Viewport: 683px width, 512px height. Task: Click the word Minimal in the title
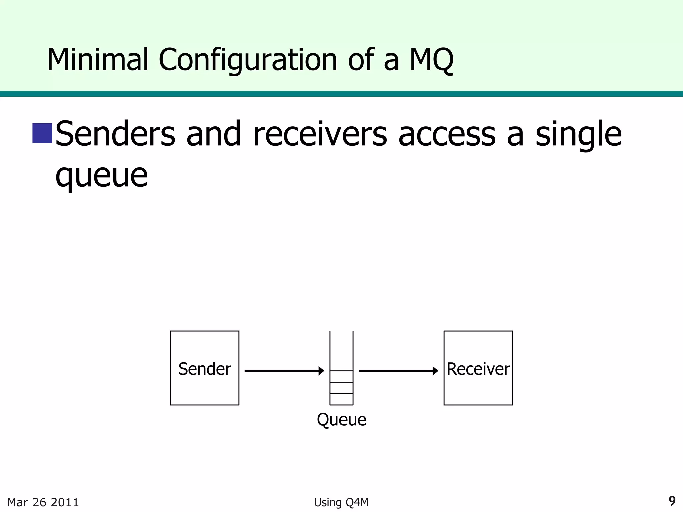coord(97,60)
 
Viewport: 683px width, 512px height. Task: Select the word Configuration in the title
coord(248,60)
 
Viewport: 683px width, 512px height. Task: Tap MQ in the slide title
coord(431,60)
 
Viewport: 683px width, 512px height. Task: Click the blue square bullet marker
coord(42,133)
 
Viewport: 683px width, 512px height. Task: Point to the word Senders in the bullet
coord(115,134)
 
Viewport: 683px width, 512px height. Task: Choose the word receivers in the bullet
coord(320,134)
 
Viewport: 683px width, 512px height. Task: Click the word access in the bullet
coord(447,134)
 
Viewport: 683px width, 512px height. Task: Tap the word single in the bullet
coord(578,134)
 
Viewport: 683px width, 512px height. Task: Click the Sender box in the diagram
coord(205,368)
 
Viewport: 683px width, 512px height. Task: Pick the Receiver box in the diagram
coord(478,368)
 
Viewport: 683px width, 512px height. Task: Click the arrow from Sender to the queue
coord(283,371)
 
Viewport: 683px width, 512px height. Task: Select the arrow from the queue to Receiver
coord(398,371)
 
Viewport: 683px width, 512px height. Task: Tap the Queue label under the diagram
coord(341,420)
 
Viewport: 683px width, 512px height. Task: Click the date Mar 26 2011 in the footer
coord(43,502)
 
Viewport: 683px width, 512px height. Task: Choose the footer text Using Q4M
coord(341,502)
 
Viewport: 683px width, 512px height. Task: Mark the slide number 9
coord(672,501)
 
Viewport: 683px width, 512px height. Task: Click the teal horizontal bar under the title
coord(341,94)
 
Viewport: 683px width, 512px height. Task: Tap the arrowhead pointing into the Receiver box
coord(435,371)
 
